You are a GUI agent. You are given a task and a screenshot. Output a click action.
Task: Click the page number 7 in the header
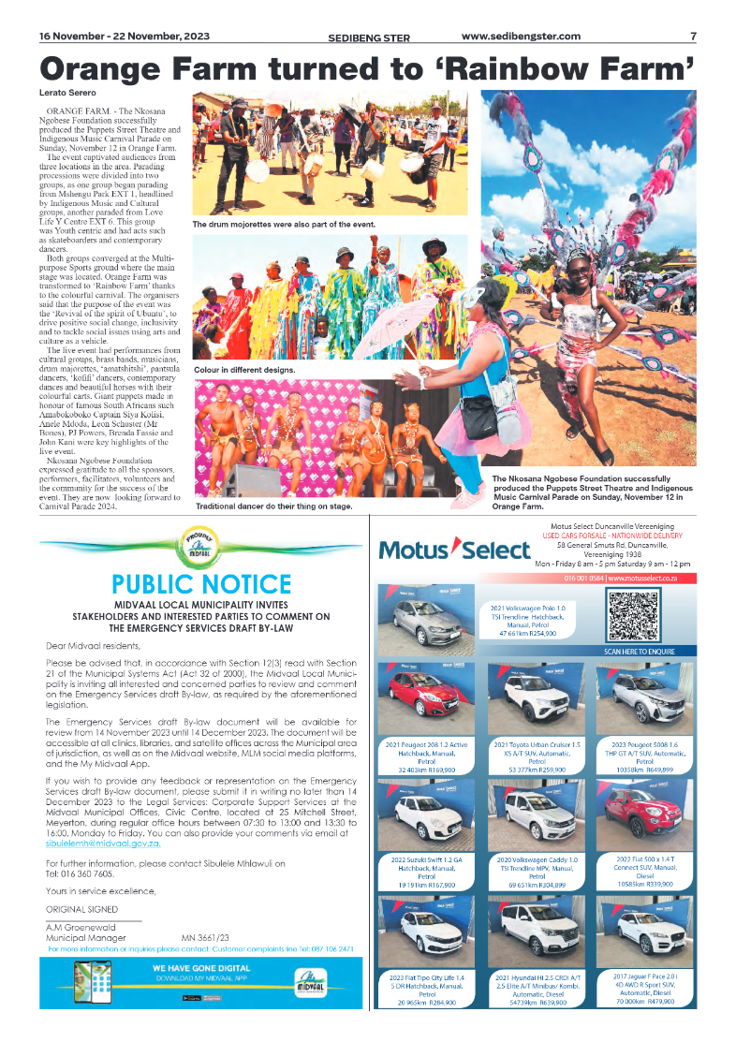pos(693,37)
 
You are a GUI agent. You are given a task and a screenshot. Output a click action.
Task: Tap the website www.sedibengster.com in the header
pos(521,37)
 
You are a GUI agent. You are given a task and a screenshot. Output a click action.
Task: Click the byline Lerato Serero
pos(67,94)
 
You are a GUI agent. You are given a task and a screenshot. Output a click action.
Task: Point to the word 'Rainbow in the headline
pos(585,68)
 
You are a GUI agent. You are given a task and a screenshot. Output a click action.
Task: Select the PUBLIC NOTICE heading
pos(201,585)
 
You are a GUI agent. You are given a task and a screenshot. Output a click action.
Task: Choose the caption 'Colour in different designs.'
pos(243,371)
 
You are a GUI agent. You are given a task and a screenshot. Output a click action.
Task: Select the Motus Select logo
pos(441,550)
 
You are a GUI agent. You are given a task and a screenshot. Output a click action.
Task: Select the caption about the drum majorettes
pos(284,225)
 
